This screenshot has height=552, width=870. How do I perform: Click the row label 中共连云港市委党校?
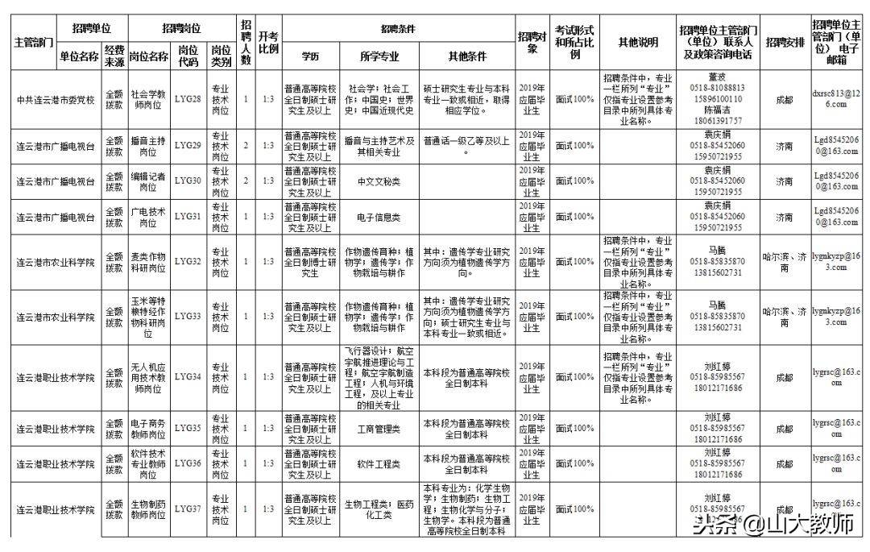coord(56,101)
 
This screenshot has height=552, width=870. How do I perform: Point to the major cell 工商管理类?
coord(379,429)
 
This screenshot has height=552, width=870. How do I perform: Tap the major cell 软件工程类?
coord(379,464)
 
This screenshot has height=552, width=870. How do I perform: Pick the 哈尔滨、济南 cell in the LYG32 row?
coord(784,262)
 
